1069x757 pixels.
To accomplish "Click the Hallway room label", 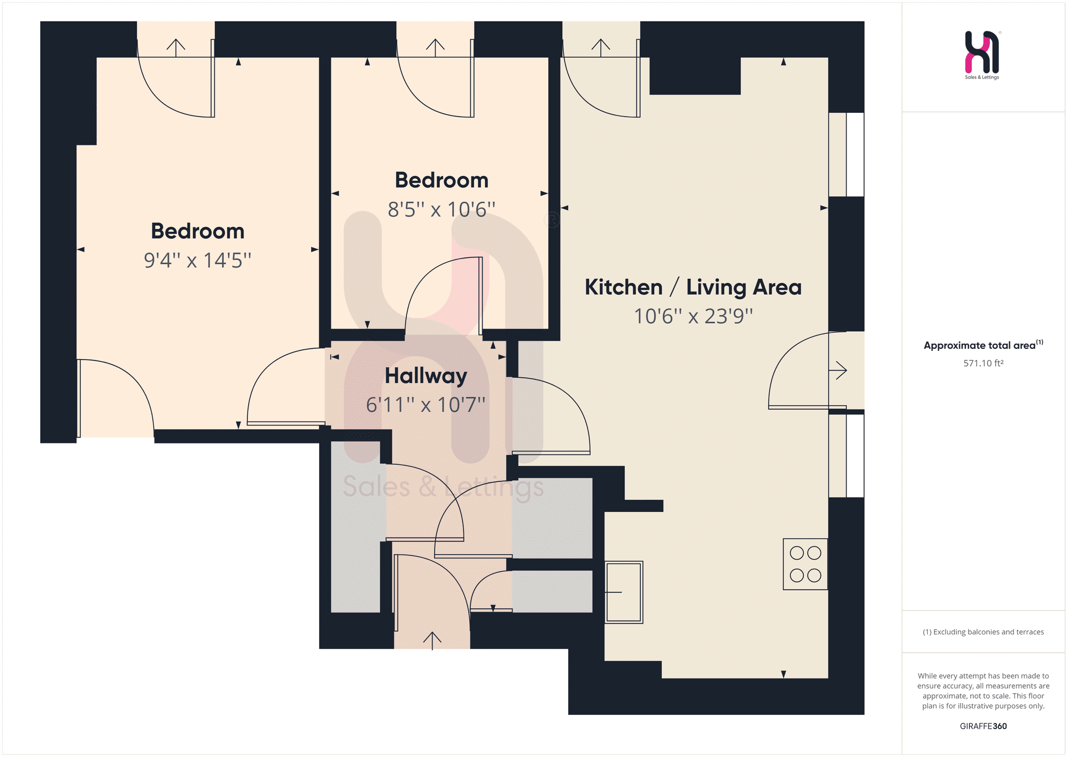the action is [x=426, y=377].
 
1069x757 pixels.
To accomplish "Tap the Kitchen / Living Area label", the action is [x=693, y=287].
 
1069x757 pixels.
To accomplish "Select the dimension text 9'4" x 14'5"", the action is [x=197, y=260].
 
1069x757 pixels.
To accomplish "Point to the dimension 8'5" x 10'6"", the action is [x=441, y=209].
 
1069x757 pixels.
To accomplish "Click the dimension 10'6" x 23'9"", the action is [x=693, y=316].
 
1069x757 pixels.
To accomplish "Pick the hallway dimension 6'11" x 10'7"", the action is [x=425, y=404].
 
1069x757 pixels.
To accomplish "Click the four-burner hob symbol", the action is [x=805, y=564].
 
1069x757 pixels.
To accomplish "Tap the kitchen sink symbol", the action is [x=624, y=592].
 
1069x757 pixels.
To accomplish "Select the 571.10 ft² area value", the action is [x=983, y=363].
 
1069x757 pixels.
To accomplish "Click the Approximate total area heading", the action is [x=983, y=345].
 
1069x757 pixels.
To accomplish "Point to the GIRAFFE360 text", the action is [x=983, y=726].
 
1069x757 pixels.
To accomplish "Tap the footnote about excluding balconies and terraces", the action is [x=983, y=632].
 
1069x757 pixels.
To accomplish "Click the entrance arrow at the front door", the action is [x=432, y=640].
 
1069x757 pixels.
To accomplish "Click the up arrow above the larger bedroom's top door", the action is [x=176, y=48].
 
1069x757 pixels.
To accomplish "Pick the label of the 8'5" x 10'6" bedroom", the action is [x=441, y=180].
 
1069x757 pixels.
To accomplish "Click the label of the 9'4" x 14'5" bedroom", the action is [x=198, y=231].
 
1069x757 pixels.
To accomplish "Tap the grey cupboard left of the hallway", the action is [x=356, y=527].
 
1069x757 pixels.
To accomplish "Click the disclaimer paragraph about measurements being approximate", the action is [x=983, y=691].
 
